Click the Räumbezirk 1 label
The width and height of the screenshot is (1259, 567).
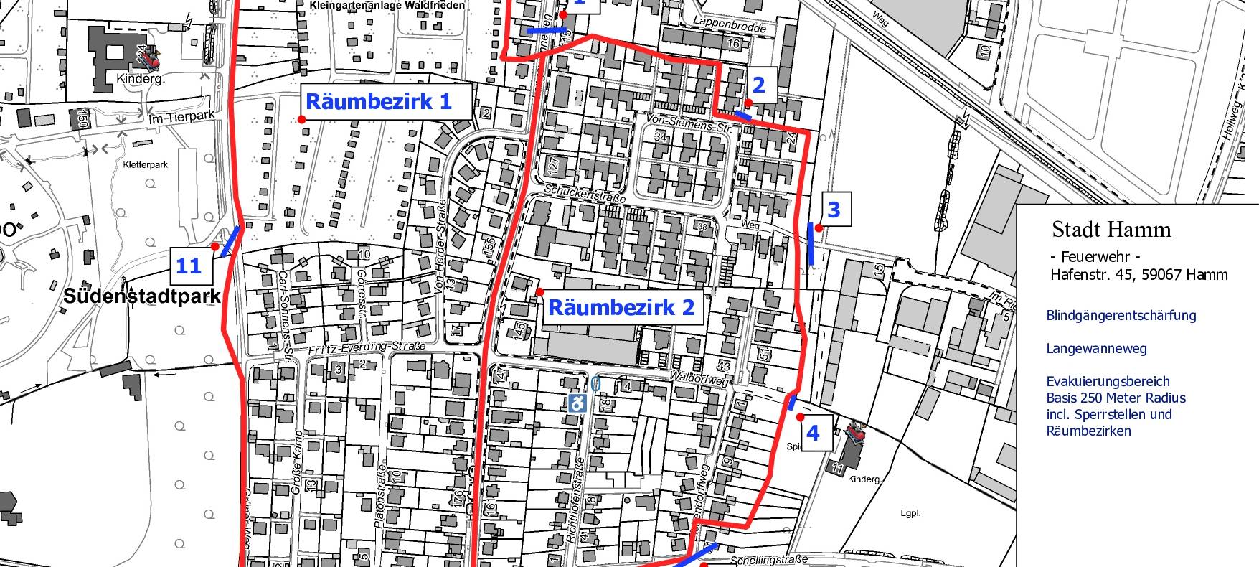click(x=379, y=102)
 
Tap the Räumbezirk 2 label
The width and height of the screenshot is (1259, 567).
click(x=621, y=308)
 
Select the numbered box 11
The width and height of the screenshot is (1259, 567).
click(x=189, y=266)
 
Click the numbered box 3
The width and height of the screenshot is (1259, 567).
click(x=833, y=210)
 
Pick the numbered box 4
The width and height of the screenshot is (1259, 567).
click(x=812, y=433)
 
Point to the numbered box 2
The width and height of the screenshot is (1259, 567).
click(x=758, y=85)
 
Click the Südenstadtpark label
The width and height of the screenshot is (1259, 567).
click(x=142, y=296)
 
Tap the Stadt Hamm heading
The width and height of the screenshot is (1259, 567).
click(x=1111, y=230)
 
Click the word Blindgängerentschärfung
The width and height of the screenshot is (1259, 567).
click(x=1121, y=316)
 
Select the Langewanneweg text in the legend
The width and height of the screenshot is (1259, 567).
click(x=1096, y=349)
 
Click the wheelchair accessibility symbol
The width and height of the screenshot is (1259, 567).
click(x=577, y=403)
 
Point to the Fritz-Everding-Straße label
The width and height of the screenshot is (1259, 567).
click(x=367, y=347)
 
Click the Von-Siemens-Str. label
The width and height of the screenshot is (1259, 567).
click(x=688, y=123)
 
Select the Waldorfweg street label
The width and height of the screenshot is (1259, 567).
click(x=699, y=378)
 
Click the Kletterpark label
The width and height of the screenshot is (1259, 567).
click(x=145, y=164)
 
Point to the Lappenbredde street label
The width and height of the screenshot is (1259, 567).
click(x=729, y=26)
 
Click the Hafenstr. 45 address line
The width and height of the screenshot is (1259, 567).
click(x=1138, y=274)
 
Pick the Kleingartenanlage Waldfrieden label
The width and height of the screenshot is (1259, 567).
click(x=387, y=6)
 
